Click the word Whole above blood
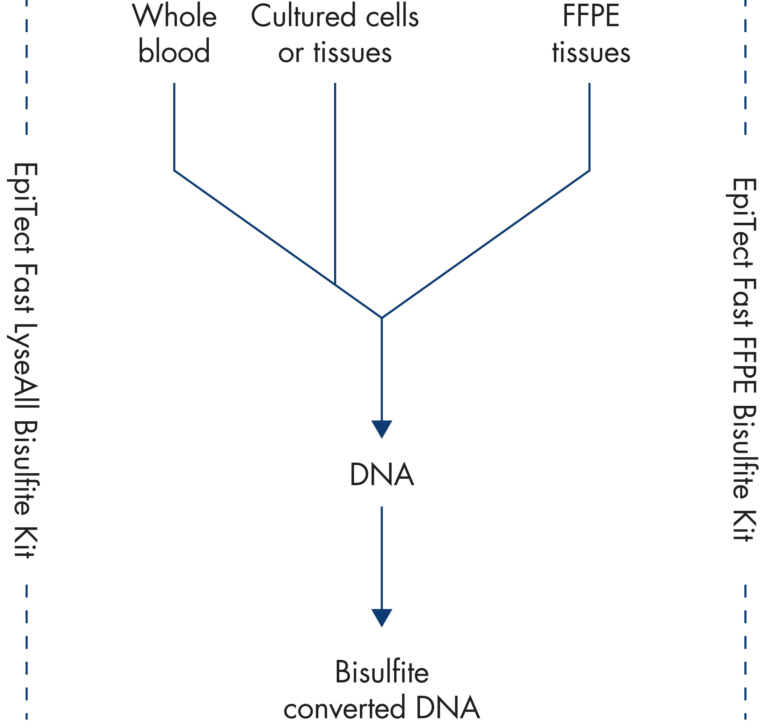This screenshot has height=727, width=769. (x=174, y=16)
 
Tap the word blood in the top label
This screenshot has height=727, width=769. (x=174, y=51)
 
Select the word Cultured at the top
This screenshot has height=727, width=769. (x=303, y=16)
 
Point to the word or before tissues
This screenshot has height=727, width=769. (x=290, y=54)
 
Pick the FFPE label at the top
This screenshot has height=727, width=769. (x=591, y=16)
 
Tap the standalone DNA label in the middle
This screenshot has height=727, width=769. (x=382, y=475)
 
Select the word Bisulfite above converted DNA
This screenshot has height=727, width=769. (x=382, y=672)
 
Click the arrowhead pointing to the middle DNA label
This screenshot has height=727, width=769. (x=382, y=429)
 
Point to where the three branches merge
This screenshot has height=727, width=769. (x=382, y=318)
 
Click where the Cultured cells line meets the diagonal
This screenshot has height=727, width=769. (x=335, y=285)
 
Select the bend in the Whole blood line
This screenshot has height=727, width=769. (x=174, y=170)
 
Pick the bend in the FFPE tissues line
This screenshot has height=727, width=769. (x=589, y=170)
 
